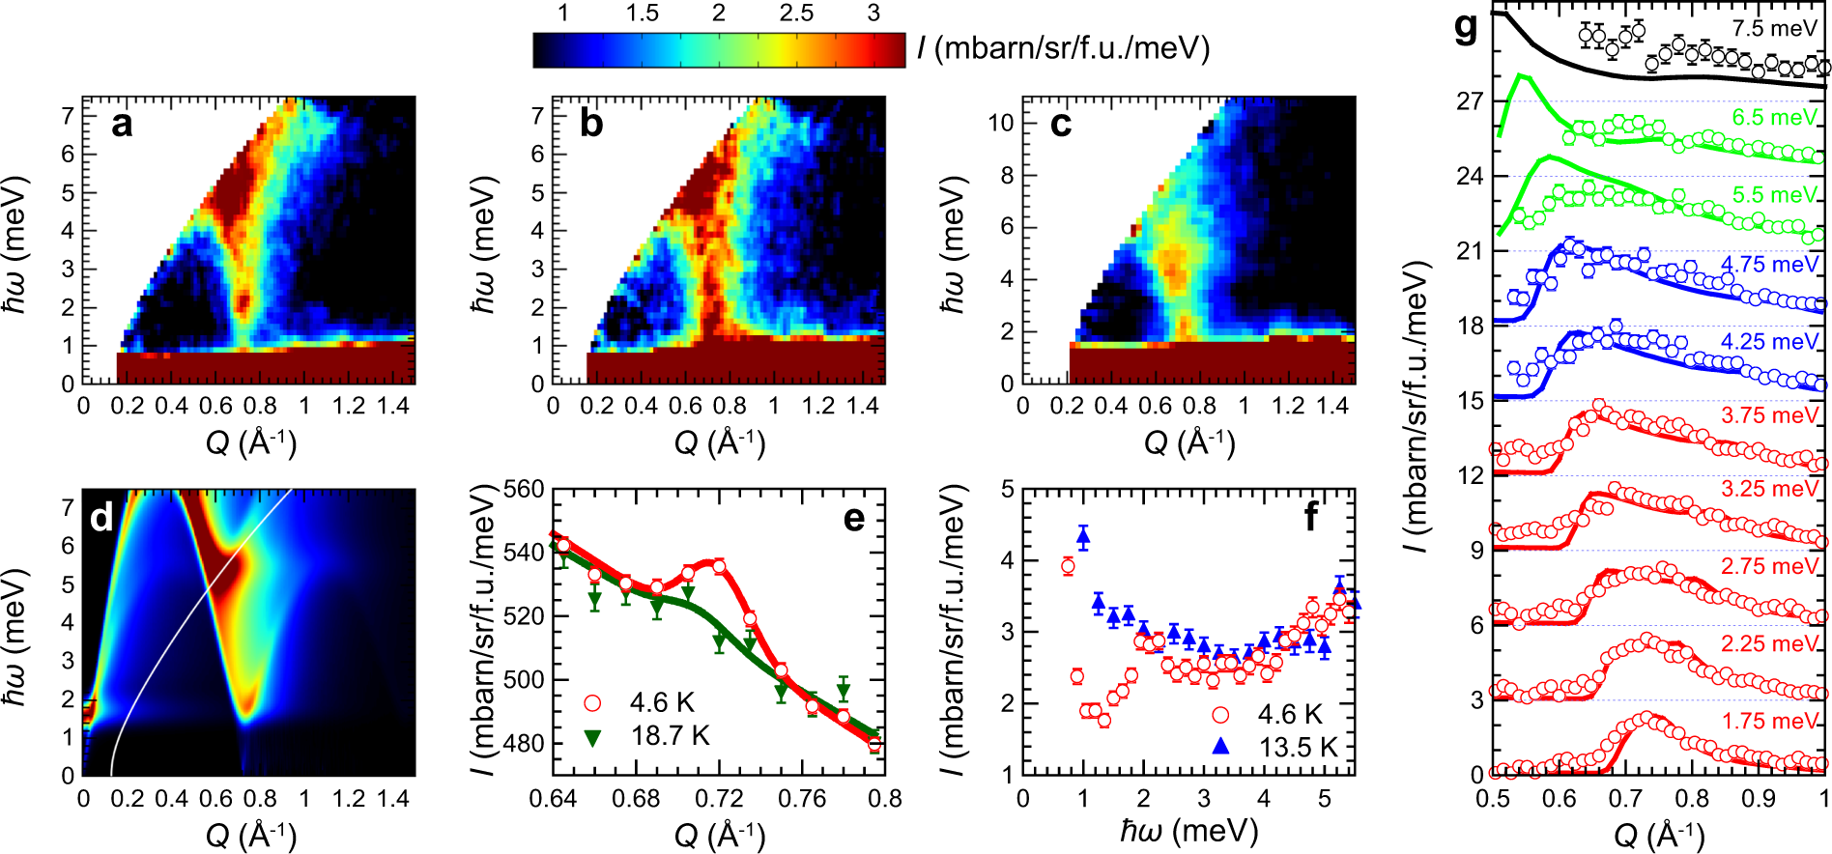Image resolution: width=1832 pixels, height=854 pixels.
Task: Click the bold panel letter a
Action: tap(121, 124)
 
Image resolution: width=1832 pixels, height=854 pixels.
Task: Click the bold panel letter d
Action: tap(101, 518)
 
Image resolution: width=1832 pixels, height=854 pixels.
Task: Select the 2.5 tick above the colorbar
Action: tap(796, 13)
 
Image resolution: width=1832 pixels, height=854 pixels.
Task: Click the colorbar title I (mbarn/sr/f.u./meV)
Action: tap(1063, 48)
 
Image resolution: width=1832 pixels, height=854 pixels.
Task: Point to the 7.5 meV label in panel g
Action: tap(1774, 28)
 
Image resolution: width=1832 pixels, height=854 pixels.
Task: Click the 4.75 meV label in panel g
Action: tap(1769, 264)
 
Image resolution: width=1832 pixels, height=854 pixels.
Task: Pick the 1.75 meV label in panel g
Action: tap(1769, 721)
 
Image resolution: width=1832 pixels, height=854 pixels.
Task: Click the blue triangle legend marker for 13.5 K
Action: tap(1221, 746)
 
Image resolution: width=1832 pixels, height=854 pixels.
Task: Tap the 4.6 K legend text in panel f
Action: tap(1290, 714)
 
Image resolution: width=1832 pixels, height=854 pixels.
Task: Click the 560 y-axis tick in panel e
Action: tap(524, 489)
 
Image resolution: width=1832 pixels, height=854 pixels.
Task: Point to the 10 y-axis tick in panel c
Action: tap(999, 123)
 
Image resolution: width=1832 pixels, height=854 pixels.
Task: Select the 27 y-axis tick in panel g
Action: tap(1469, 100)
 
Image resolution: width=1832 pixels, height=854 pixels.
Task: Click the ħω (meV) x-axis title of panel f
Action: tap(1188, 831)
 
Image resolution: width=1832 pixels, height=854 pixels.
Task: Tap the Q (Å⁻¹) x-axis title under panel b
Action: tap(719, 442)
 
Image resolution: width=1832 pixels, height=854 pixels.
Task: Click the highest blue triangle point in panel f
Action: tap(1083, 536)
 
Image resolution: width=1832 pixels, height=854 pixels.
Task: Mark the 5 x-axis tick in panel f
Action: tap(1324, 799)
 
